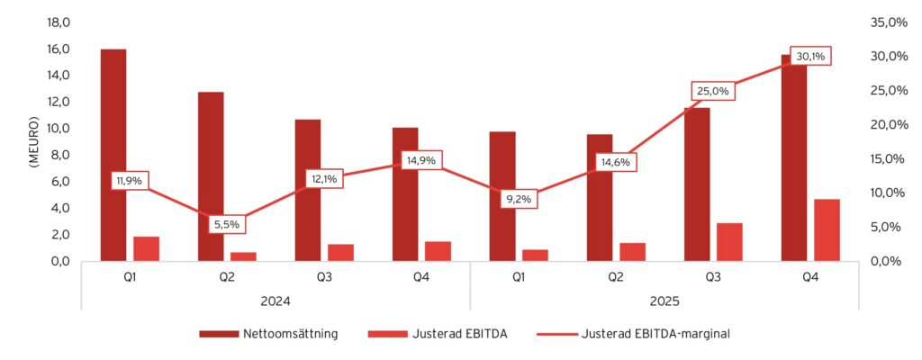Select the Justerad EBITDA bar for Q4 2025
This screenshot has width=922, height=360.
[x=827, y=229]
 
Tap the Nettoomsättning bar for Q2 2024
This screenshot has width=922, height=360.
[x=211, y=176]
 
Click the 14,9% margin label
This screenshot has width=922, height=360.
[x=421, y=160]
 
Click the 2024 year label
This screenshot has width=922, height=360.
[x=276, y=301]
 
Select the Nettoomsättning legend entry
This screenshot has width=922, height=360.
[x=268, y=334]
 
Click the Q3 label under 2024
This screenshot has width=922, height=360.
[x=324, y=277]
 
